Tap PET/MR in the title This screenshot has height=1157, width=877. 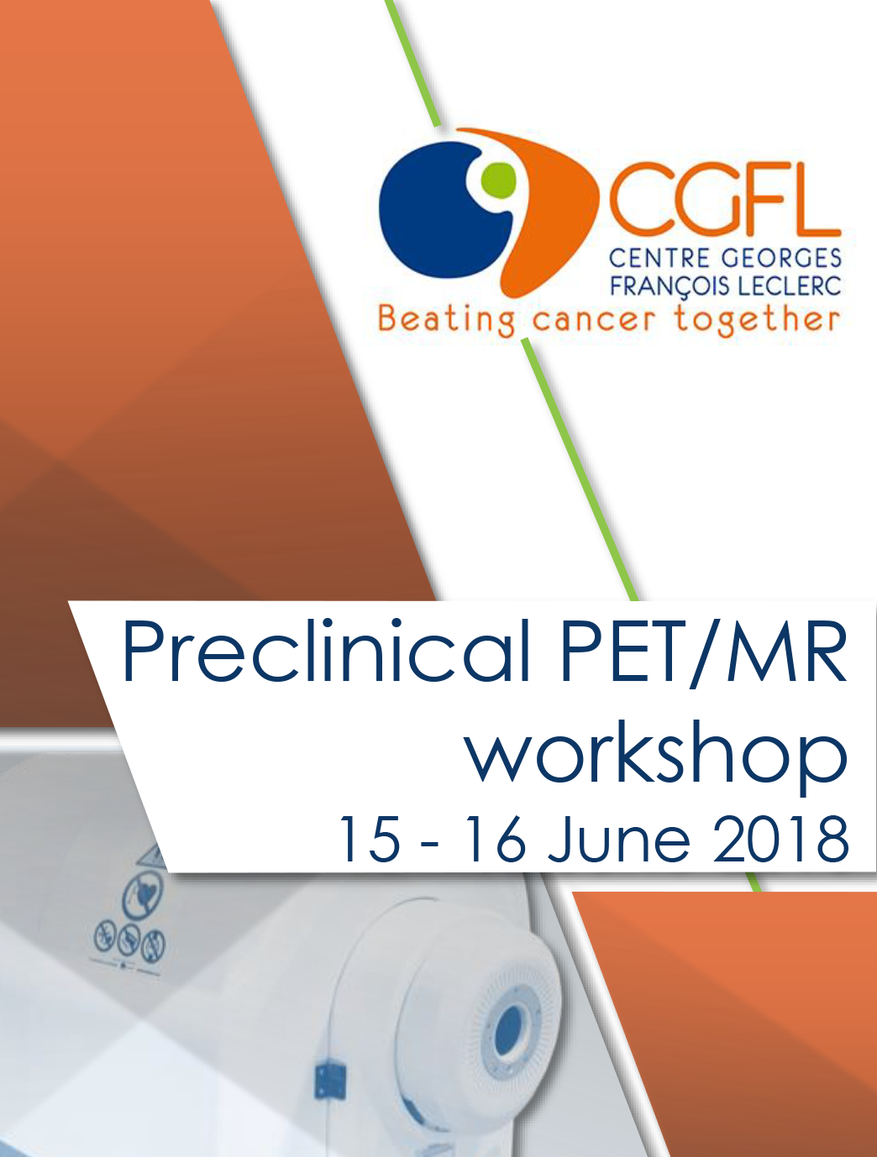coord(703,652)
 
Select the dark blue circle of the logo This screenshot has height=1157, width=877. coord(440,210)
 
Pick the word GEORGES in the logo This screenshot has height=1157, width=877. coord(780,259)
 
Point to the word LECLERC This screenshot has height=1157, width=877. coord(790,286)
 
